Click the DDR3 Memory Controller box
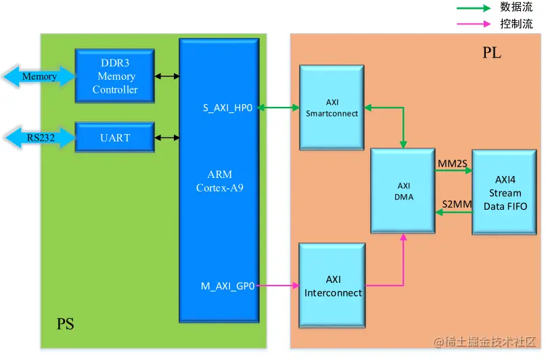coord(114,76)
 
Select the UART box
coord(114,137)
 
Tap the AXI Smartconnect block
coord(332,108)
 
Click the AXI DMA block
coord(403,191)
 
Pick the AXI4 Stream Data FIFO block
coord(504,192)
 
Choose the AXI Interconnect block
coord(332,286)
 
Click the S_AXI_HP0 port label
coord(227,108)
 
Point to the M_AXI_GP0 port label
coord(227,286)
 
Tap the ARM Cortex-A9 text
coord(219,181)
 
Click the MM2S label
coord(453,164)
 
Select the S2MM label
coord(457,204)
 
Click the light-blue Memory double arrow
coord(39,76)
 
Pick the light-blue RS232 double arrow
coord(40,138)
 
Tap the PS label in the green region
coord(66,324)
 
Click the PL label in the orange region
coord(492,53)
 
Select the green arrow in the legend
coord(474,8)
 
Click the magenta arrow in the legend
coord(474,24)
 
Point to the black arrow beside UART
coord(167,138)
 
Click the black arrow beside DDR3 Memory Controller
coord(167,76)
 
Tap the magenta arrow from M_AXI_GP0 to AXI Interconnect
coord(278,286)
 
